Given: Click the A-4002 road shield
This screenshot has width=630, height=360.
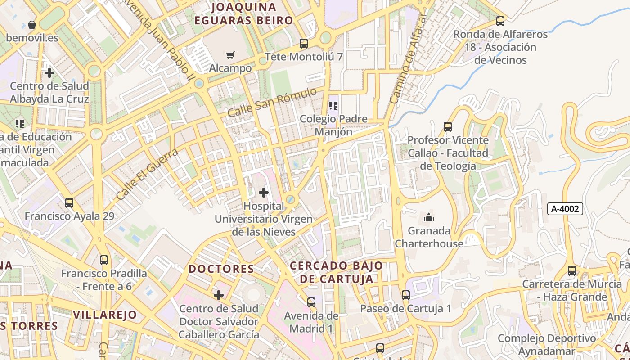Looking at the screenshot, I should [565, 209].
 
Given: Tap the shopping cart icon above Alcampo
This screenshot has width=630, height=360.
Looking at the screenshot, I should [230, 55].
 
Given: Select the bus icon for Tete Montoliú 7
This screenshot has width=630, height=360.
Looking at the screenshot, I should [304, 44].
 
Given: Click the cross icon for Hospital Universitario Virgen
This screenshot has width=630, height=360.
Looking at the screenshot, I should [264, 193].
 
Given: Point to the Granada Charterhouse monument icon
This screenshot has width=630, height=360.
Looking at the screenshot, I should [429, 218].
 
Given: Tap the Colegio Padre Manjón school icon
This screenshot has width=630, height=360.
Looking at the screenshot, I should [333, 106].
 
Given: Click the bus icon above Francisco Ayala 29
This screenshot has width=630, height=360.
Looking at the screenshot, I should [69, 203].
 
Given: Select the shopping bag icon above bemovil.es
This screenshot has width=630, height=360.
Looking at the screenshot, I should [32, 24].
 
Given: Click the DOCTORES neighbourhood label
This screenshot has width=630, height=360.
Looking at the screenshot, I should [221, 269].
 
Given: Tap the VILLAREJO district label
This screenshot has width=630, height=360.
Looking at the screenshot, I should [105, 315].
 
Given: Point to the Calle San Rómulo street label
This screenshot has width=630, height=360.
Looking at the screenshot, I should [272, 103].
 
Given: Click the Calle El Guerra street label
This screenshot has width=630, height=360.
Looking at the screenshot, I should [147, 175].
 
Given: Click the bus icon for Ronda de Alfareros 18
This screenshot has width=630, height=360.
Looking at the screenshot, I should [500, 21].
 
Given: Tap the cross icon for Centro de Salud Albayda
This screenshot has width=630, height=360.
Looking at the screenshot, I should [49, 73].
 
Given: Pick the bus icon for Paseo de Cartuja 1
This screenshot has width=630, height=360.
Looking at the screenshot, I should [406, 295].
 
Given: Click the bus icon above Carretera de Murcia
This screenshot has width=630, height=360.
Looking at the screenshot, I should [572, 271].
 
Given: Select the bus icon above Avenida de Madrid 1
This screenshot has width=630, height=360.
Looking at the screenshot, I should [311, 302].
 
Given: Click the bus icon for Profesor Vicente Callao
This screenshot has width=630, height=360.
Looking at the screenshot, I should [448, 127].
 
